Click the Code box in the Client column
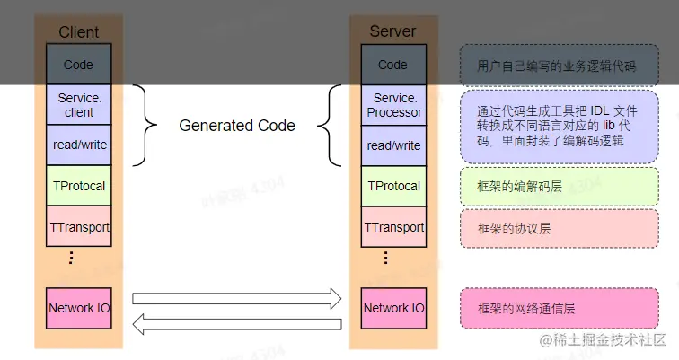pos(79,65)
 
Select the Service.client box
pos(79,105)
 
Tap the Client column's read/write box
pos(79,145)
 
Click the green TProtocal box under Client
pos(79,185)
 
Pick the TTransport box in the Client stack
pos(79,226)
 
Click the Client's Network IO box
pos(79,308)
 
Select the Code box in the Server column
pos(393,65)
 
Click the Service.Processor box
pos(393,105)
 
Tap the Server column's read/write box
pos(393,145)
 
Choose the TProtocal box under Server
pos(393,185)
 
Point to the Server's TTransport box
pos(393,226)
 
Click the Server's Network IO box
pos(393,308)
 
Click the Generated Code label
pos(237,126)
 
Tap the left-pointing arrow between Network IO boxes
pos(237,322)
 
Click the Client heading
pos(79,31)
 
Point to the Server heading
pos(392,31)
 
